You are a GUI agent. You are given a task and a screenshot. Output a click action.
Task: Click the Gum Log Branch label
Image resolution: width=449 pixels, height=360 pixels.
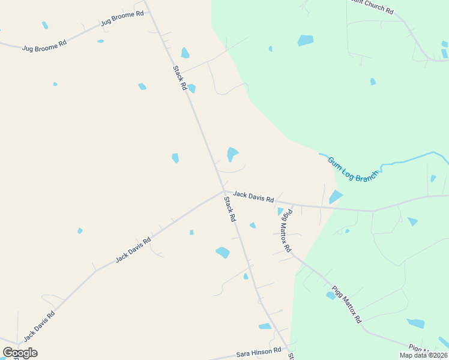[354, 169]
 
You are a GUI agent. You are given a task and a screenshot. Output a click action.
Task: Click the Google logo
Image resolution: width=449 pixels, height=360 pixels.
[20, 353]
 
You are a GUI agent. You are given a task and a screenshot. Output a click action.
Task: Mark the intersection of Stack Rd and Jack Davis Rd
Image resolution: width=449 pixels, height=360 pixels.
[224, 191]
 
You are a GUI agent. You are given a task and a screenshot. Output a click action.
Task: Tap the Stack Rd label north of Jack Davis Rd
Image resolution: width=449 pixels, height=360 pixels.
[180, 78]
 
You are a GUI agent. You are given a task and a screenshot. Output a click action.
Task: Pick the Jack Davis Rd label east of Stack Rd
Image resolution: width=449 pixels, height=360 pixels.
[253, 196]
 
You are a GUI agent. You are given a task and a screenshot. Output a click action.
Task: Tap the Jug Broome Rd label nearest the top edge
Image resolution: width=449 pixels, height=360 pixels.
[122, 17]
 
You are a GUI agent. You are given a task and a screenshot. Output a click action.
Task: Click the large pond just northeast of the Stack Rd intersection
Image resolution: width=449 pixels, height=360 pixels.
[232, 154]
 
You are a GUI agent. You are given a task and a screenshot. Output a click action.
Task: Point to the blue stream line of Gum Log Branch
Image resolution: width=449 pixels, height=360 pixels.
[408, 160]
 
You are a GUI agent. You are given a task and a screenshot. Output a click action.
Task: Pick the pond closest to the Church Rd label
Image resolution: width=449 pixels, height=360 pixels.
[305, 41]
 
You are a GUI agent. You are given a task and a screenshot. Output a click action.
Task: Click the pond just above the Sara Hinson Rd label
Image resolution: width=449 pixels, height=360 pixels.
[265, 326]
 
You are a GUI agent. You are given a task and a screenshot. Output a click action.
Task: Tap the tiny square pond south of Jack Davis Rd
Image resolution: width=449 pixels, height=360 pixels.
[191, 232]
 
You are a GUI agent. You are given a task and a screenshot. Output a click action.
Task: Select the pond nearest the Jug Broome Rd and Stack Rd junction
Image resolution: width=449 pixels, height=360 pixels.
[185, 53]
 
